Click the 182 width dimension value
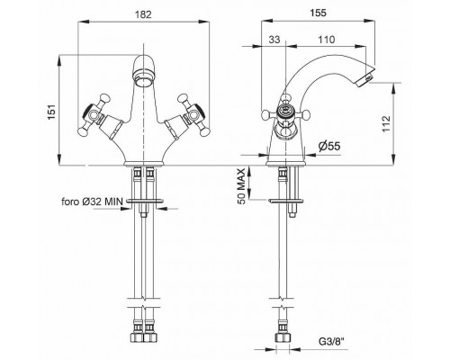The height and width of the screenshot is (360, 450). [143, 14]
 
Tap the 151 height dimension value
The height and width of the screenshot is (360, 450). [52, 112]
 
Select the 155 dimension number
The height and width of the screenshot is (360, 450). [318, 13]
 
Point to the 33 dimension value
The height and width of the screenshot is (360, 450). [274, 40]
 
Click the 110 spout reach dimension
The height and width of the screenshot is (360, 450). [326, 40]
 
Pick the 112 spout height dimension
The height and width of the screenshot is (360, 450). [386, 123]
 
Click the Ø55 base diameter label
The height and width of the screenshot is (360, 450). [329, 146]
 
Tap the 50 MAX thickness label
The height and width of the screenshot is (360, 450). [241, 186]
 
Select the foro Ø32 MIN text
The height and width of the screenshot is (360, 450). [93, 202]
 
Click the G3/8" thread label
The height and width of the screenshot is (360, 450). [333, 341]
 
